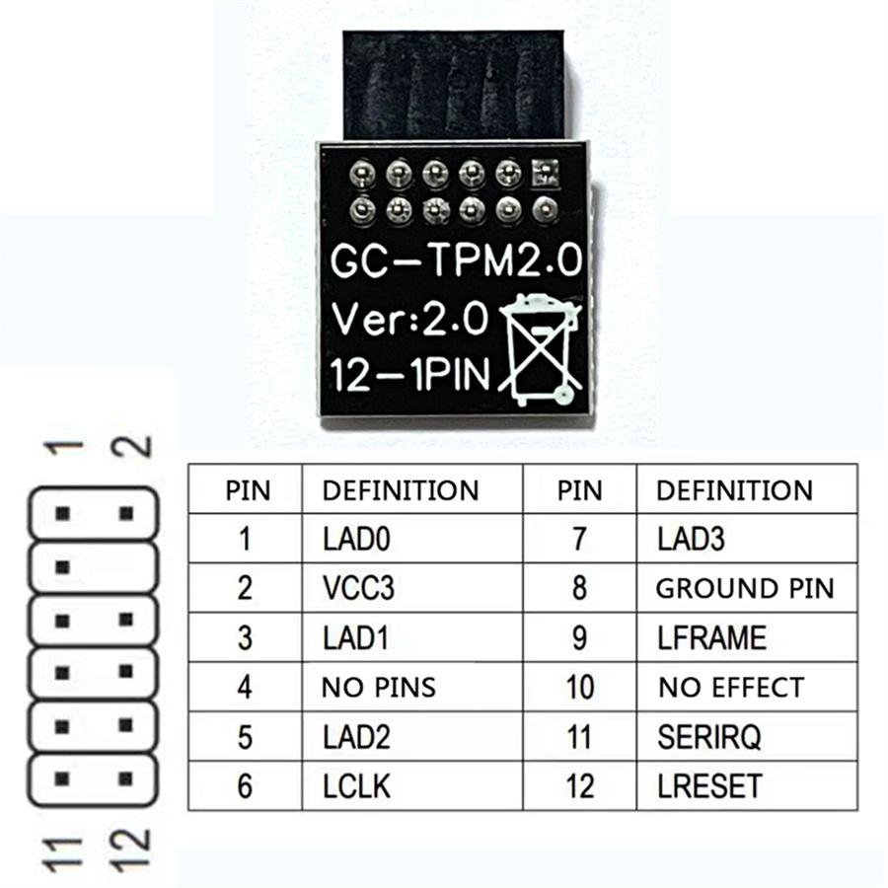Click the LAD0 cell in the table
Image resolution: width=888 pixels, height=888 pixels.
(412, 539)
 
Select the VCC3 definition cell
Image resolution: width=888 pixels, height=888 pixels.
(412, 588)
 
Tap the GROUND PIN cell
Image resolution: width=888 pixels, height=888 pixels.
(747, 588)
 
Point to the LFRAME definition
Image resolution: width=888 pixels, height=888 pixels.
(747, 637)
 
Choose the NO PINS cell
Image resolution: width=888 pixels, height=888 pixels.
(412, 687)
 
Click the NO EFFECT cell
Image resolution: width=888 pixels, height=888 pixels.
(747, 687)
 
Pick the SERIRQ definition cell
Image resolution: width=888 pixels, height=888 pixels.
(747, 737)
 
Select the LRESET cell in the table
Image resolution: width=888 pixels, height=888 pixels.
(747, 786)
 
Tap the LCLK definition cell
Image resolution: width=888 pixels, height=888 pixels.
(412, 786)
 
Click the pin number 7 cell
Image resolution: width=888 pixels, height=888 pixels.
(580, 539)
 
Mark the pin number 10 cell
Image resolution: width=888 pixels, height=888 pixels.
(580, 687)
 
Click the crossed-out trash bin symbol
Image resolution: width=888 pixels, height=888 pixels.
(540, 350)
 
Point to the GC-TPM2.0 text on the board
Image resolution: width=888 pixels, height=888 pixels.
(457, 261)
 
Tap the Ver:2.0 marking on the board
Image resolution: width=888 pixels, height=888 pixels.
(408, 319)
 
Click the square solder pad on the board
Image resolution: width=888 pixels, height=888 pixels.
(545, 173)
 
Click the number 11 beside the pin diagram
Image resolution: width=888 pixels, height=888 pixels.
(63, 854)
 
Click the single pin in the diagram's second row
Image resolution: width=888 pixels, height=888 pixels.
(63, 567)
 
